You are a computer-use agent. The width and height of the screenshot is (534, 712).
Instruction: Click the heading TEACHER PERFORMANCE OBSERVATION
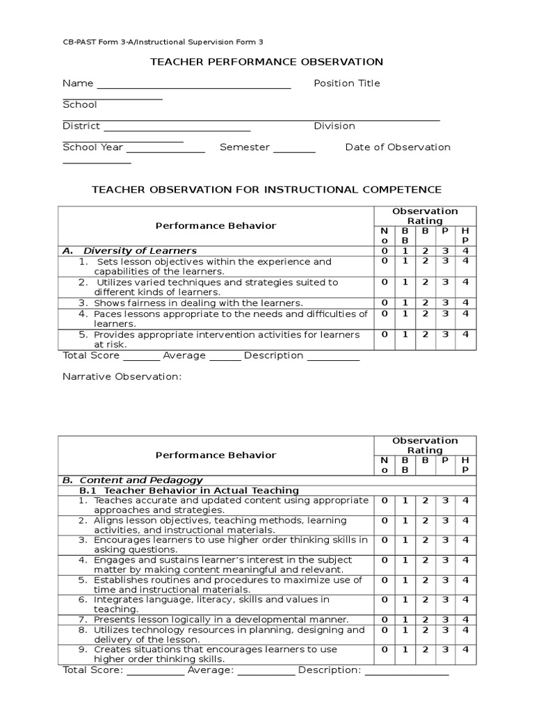point(267,62)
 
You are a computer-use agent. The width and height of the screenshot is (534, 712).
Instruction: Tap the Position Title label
point(346,83)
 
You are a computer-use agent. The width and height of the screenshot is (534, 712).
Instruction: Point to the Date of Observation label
point(398,147)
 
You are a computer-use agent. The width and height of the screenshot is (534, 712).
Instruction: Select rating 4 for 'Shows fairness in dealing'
point(465,302)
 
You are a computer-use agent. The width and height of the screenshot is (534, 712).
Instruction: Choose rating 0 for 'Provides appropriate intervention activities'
point(384,334)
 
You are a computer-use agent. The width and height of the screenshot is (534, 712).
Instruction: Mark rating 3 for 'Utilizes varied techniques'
point(445,282)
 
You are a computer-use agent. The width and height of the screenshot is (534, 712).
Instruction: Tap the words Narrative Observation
point(122,377)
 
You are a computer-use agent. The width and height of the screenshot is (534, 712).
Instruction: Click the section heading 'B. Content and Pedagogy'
point(132,480)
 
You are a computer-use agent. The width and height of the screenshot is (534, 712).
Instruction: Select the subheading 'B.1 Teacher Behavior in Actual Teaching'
point(189,490)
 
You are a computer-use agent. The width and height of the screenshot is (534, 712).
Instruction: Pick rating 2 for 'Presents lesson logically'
point(424,620)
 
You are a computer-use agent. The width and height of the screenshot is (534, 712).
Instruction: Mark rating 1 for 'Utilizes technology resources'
point(404,630)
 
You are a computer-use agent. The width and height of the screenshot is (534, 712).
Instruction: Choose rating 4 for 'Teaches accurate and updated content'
point(465,501)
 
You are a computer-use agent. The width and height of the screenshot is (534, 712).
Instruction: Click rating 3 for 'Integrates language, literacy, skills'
point(445,599)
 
